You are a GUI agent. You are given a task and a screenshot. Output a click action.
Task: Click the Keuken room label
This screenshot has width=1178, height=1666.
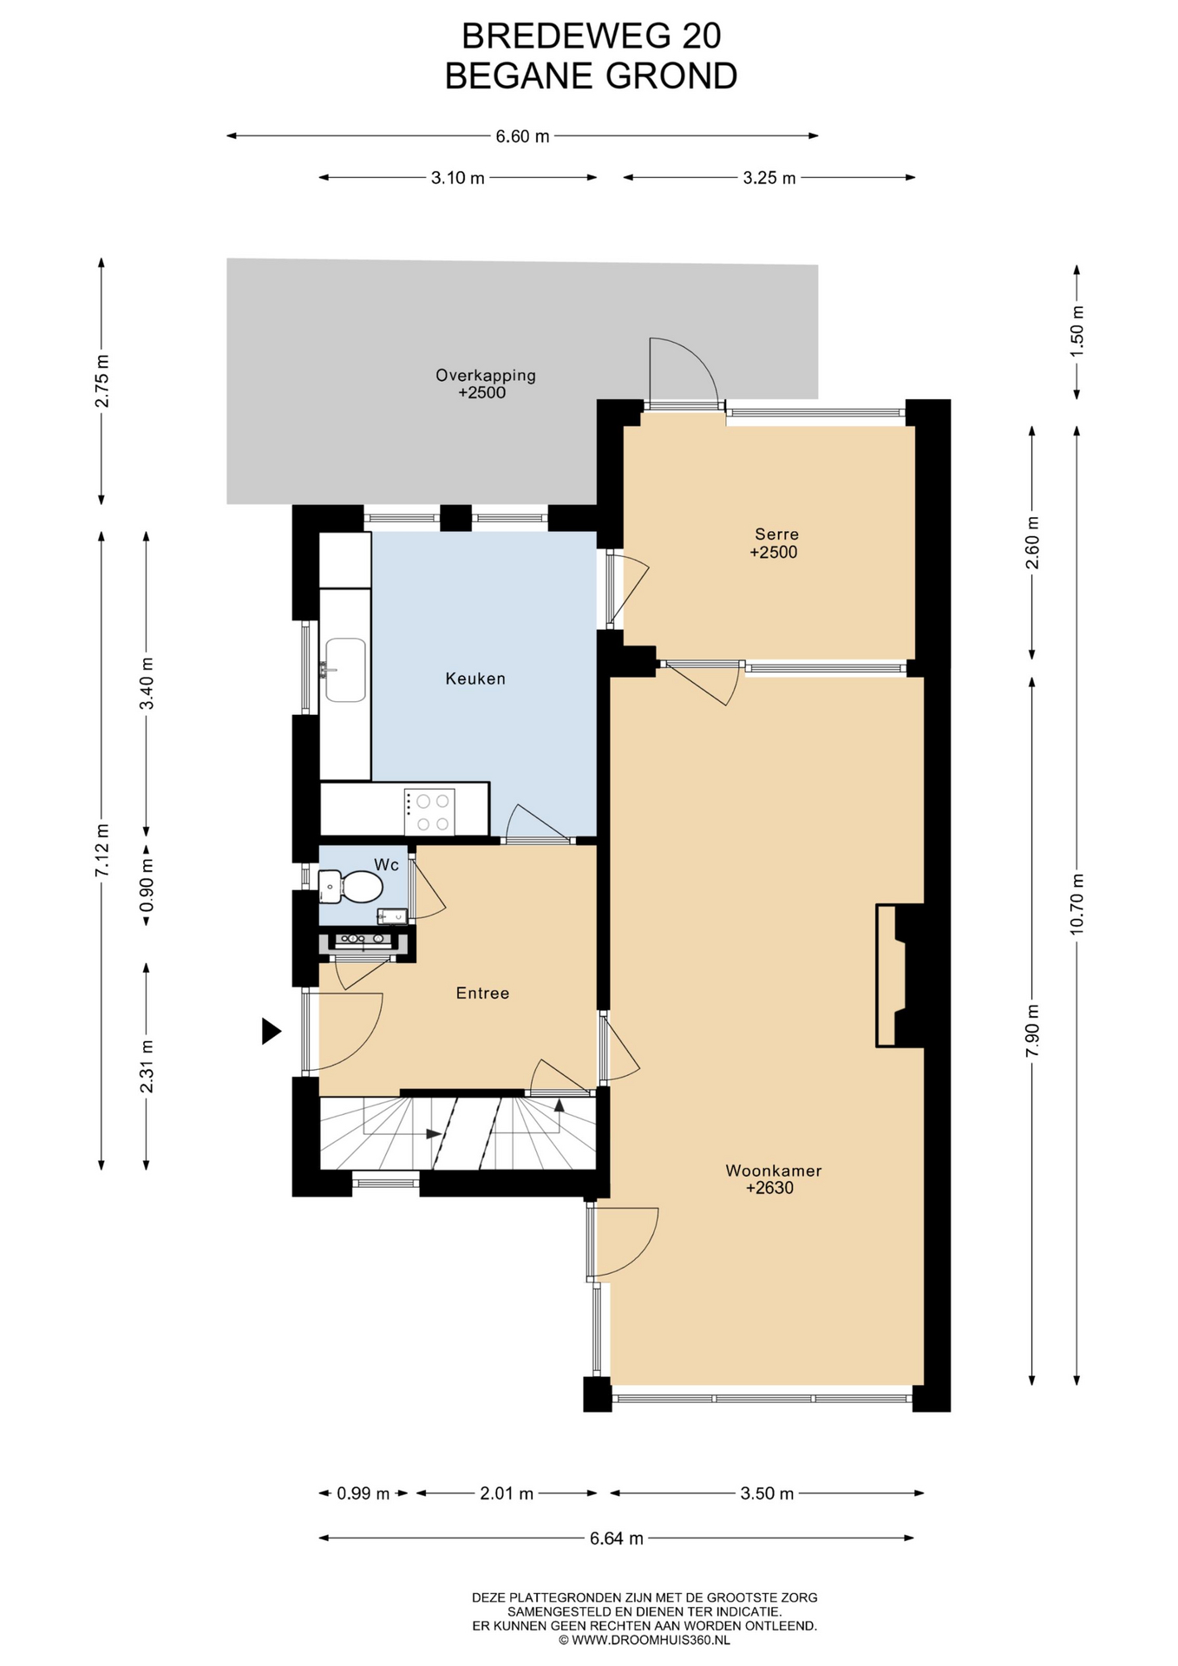474,679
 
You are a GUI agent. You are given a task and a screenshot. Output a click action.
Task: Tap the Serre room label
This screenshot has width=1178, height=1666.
776,535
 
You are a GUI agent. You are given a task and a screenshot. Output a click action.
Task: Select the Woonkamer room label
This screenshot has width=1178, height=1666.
773,1171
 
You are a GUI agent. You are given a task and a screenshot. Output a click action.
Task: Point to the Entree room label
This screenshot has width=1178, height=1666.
482,994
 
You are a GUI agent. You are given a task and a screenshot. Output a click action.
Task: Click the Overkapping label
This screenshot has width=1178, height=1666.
485,376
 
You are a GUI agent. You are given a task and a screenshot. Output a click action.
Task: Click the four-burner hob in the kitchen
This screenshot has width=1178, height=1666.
429,812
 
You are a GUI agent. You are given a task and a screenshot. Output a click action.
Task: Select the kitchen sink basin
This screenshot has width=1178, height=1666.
345,670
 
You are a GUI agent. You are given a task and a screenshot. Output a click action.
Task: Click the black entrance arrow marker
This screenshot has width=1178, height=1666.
272,1031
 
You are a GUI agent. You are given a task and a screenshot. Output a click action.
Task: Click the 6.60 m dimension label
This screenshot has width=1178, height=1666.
522,136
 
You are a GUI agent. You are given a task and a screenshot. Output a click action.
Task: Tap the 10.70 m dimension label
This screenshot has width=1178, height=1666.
1077,904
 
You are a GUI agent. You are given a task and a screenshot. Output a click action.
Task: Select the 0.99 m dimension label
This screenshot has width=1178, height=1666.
363,1493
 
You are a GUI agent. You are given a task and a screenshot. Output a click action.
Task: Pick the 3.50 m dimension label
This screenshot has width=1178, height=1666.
767,1493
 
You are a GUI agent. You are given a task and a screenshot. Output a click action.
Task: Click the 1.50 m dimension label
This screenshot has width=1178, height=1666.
1077,331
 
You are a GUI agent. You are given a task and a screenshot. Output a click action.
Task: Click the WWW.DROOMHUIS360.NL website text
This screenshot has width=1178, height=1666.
651,1640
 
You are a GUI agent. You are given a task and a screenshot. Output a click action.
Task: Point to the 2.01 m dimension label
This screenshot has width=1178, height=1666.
507,1493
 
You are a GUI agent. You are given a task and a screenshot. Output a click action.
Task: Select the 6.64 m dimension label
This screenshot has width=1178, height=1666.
617,1538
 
